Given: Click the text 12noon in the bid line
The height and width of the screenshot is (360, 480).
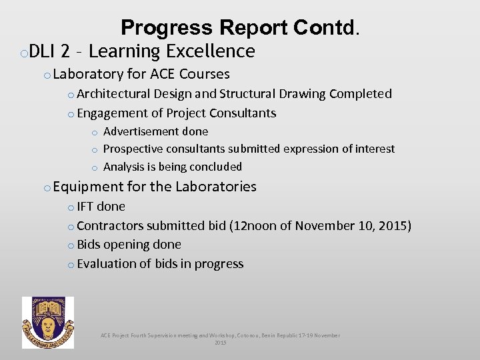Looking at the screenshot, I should pos(254,226).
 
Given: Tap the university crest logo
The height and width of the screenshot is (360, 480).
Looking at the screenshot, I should pos(48,323).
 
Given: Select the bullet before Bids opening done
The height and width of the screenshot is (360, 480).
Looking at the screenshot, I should pos(71,245).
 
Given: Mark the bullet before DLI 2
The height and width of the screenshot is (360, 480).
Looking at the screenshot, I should pos(23,53).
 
